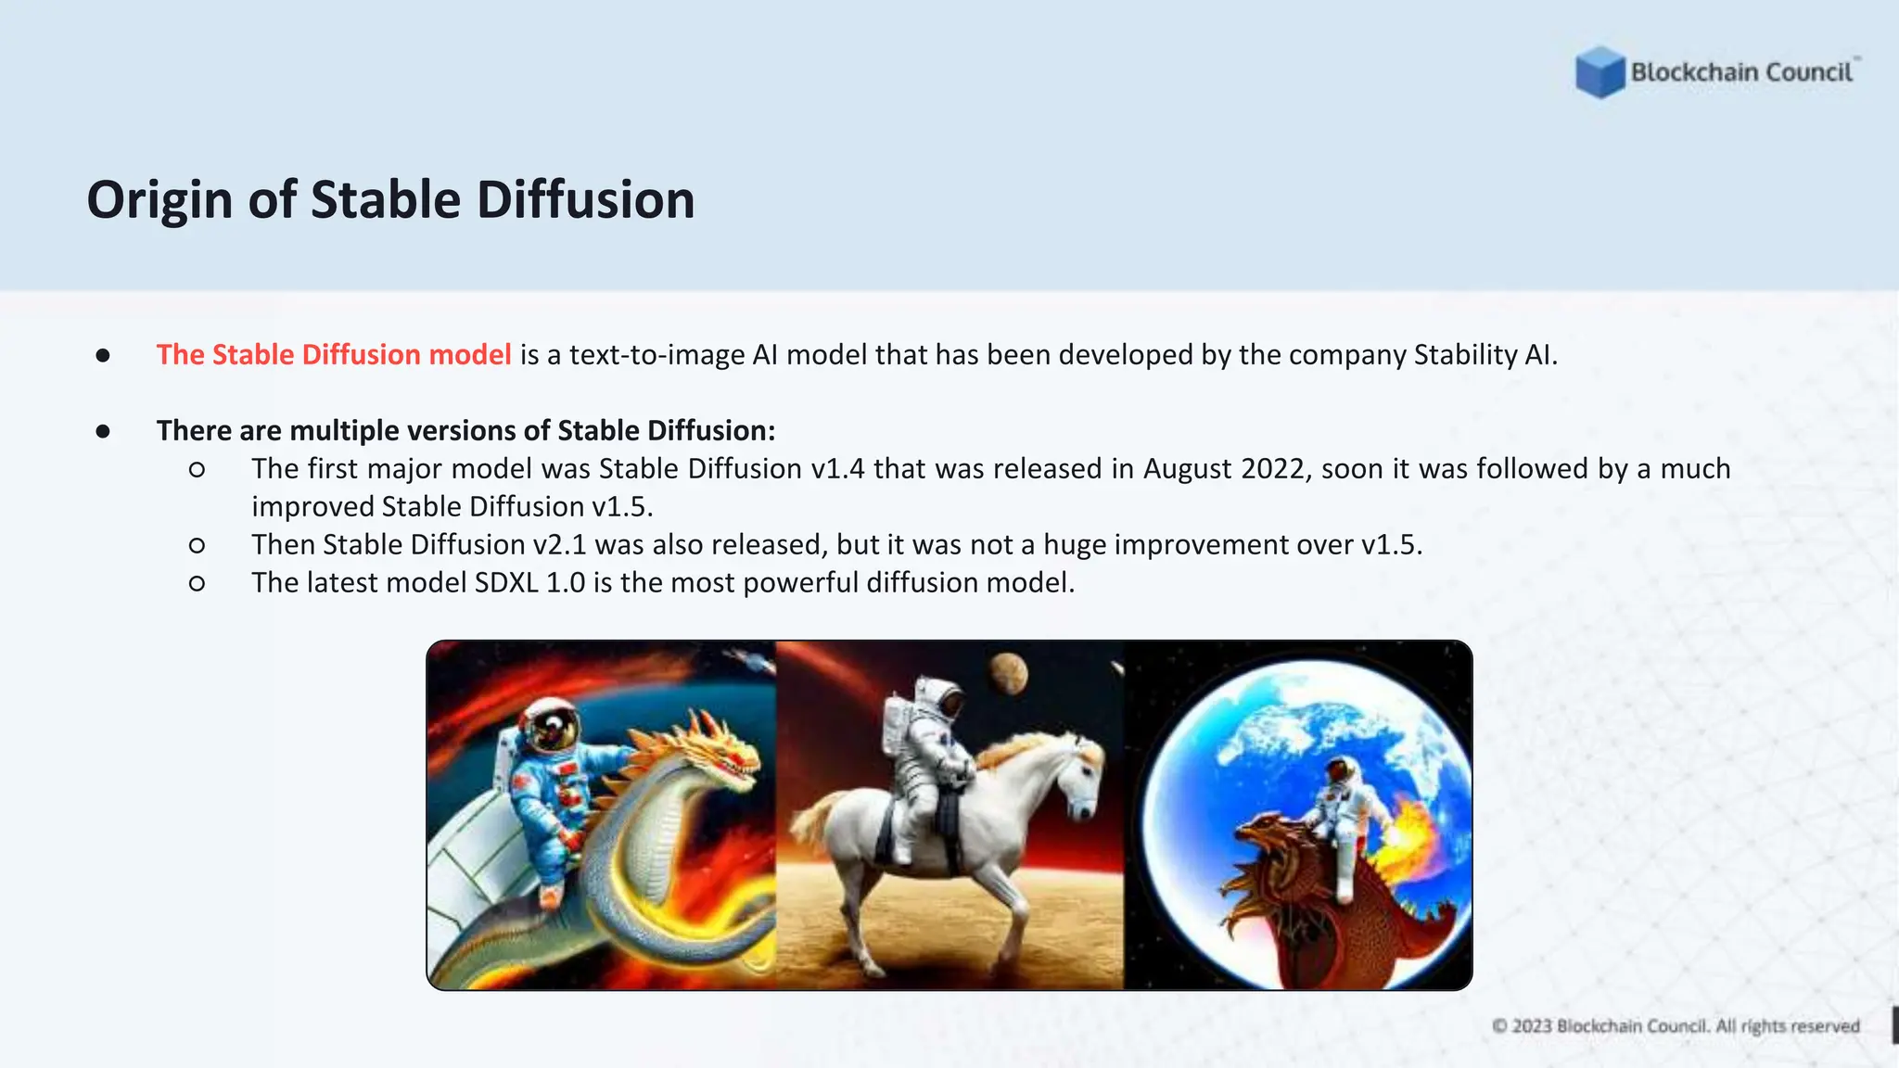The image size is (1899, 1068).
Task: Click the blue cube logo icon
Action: click(1599, 72)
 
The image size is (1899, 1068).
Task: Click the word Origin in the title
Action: click(159, 200)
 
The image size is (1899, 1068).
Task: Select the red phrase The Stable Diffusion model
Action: click(334, 354)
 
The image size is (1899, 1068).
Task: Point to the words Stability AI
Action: click(1484, 354)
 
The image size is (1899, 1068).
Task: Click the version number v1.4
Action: click(837, 469)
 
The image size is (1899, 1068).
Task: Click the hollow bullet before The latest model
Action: click(197, 583)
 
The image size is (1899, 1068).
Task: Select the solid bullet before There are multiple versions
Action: click(103, 431)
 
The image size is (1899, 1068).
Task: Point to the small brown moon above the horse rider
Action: click(1008, 672)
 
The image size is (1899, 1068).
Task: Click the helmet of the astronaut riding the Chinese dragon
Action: click(552, 728)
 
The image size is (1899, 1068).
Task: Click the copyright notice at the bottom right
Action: click(1676, 1025)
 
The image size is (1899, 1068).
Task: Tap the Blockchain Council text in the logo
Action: click(1741, 72)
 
